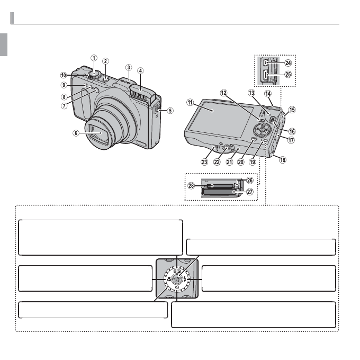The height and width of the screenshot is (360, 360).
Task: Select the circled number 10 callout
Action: (x=62, y=75)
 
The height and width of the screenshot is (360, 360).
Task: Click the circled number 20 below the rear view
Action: (x=241, y=162)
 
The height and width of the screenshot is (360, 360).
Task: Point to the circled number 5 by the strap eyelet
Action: (x=170, y=111)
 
